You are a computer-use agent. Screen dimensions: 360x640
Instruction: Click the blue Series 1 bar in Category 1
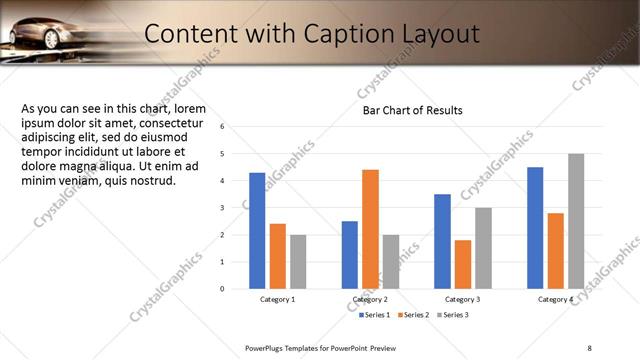point(257,231)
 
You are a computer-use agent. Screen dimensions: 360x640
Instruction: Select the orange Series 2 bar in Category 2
point(370,229)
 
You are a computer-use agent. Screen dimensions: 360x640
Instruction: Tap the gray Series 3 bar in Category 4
point(576,221)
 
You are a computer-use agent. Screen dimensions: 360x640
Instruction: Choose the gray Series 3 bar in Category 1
point(298,262)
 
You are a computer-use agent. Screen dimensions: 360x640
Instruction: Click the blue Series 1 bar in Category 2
point(349,255)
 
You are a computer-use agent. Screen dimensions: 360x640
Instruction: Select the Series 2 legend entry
point(412,315)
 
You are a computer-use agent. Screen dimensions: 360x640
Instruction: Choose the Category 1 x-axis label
point(277,299)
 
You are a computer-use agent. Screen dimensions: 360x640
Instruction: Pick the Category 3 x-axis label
point(462,299)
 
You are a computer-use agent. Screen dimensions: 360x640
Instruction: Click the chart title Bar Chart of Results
point(412,110)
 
